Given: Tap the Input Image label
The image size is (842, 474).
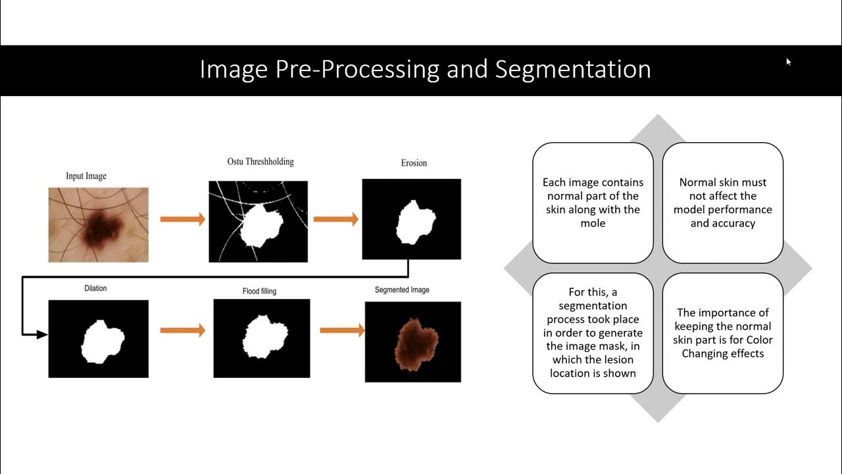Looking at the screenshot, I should pos(86,176).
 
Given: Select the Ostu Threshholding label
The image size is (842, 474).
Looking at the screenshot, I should pos(256,161).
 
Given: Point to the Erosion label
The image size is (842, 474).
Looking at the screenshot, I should pos(414,163).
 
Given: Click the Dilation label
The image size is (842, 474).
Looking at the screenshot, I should pos(95,288).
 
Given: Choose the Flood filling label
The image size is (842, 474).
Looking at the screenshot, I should pos(260,290).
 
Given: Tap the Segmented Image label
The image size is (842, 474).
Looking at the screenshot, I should pos(402,290).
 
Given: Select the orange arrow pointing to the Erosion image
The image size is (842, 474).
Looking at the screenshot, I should pos(335,219).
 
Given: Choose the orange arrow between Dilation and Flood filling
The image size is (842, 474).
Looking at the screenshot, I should pos(182,330).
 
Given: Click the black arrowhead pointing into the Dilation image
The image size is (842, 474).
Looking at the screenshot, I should pos(41,334).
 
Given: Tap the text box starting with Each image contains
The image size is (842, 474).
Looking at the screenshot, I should pos(593,203).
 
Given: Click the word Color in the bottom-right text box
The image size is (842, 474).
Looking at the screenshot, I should pos(758,340).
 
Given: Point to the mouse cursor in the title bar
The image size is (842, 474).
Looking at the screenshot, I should pos(788,62).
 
